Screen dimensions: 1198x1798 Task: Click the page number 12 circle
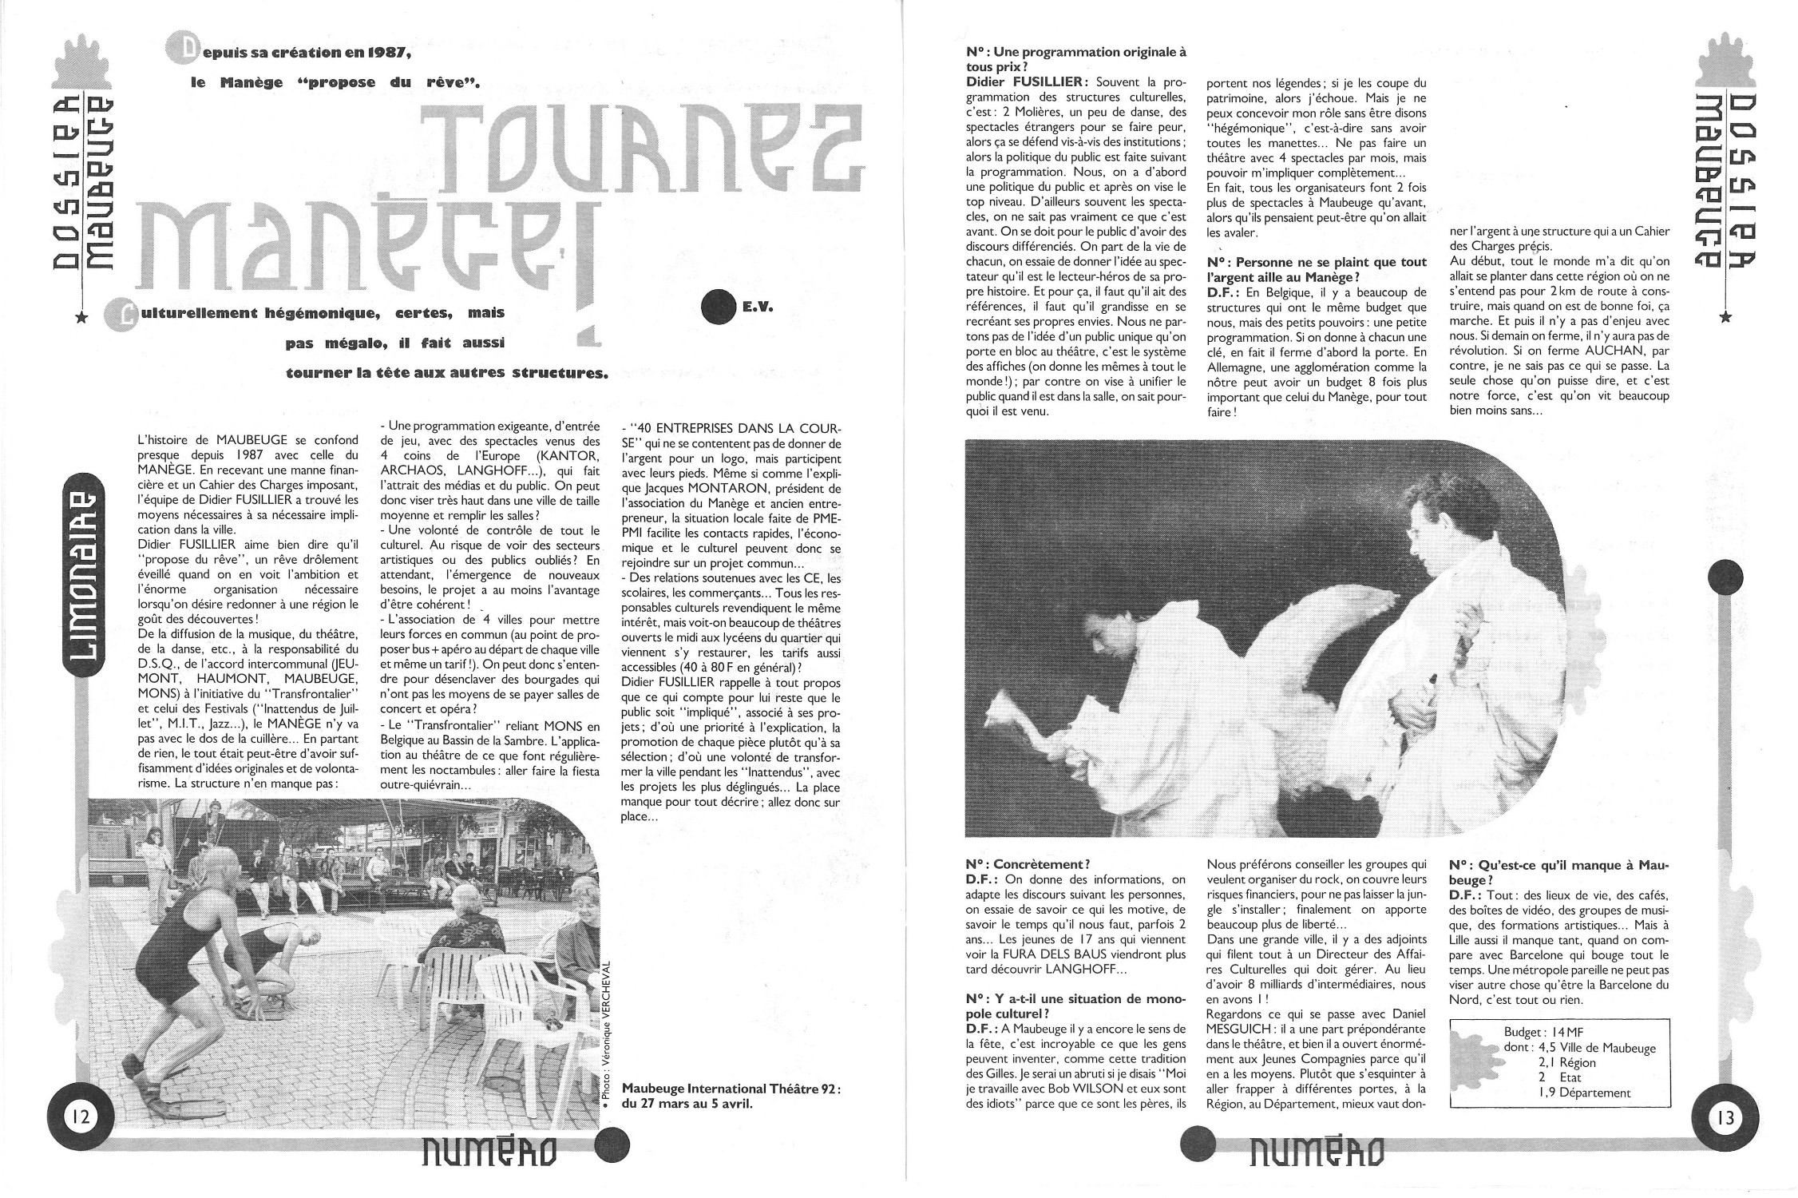[80, 1116]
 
